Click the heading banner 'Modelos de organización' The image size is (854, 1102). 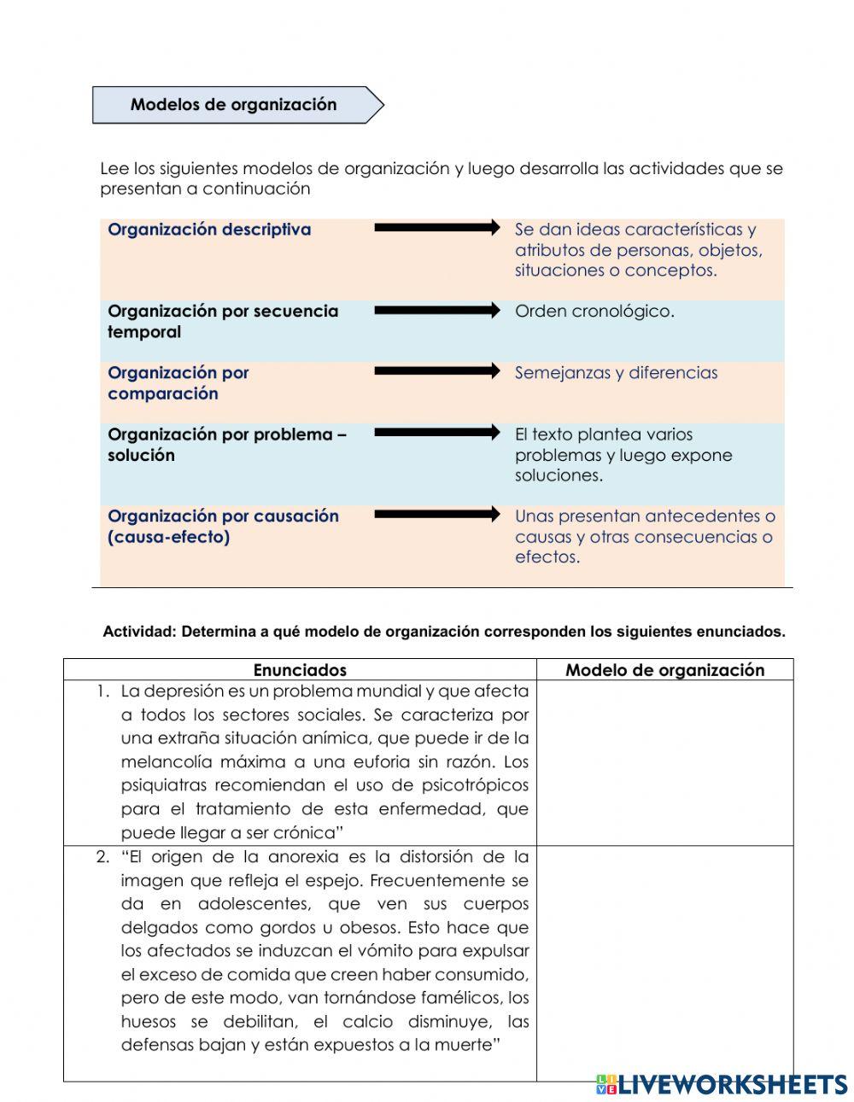[x=235, y=105]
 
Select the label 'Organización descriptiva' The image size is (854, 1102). [x=209, y=230]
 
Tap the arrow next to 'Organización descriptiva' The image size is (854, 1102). [x=436, y=228]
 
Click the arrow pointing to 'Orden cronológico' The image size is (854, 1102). [x=436, y=311]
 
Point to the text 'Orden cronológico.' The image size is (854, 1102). [x=594, y=312]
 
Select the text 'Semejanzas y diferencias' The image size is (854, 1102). [x=616, y=373]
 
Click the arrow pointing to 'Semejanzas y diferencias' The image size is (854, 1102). [x=436, y=371]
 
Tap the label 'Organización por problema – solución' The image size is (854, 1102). [x=226, y=445]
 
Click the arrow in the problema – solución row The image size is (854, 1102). [x=436, y=433]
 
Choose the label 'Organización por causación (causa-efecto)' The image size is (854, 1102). [x=223, y=527]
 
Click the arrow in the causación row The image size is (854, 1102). [x=436, y=515]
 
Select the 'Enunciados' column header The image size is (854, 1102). [x=300, y=670]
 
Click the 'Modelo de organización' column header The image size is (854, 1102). [x=664, y=670]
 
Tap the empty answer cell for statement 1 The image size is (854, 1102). [x=664, y=762]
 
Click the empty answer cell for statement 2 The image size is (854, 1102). [x=664, y=963]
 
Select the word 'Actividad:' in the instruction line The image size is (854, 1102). [x=139, y=633]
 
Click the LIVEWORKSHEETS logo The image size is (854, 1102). [x=722, y=1084]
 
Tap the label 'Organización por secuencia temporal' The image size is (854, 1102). [x=223, y=322]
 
